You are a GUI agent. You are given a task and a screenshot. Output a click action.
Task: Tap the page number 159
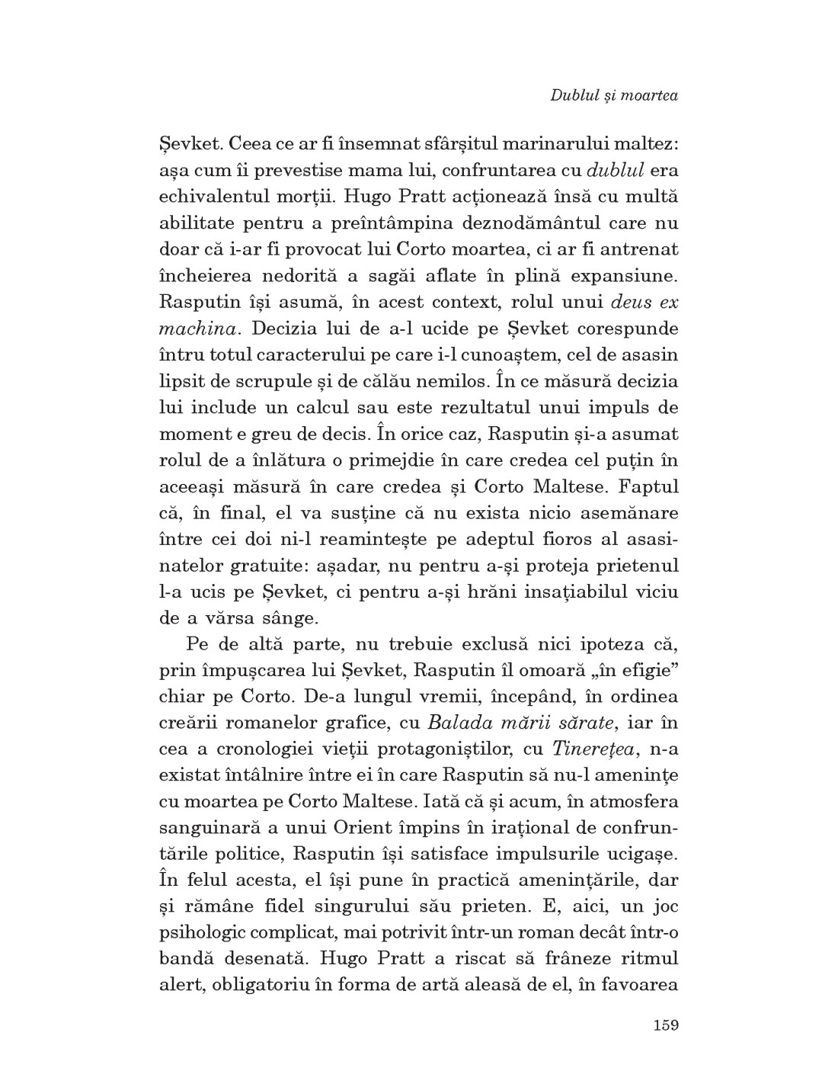coord(665,1024)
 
